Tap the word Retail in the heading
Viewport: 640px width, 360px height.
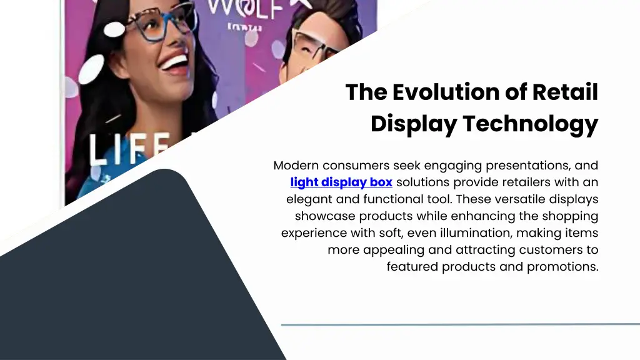click(565, 92)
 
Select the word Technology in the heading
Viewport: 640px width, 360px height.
click(531, 124)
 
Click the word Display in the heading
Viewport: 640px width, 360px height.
click(413, 124)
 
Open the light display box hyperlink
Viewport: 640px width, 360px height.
click(341, 182)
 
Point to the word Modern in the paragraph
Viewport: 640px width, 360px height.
click(296, 166)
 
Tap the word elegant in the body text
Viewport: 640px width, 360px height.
click(306, 199)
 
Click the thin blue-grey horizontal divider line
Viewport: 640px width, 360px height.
click(460, 324)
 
